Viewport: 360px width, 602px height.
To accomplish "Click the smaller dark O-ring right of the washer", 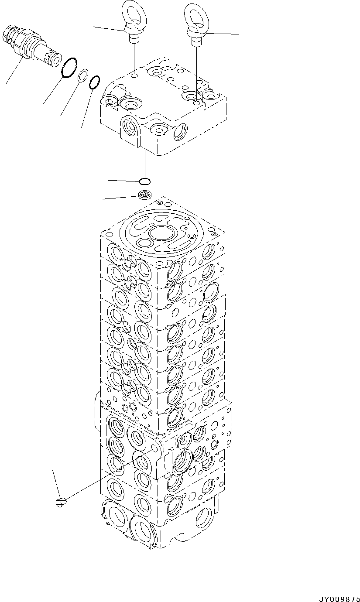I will click(x=94, y=82).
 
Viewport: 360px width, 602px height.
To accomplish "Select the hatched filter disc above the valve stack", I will click(x=144, y=195).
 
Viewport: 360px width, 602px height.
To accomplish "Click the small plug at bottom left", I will click(x=61, y=502).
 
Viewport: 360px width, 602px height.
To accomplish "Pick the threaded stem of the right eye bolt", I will click(x=197, y=41).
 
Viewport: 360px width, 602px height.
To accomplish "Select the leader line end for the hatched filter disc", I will click(x=103, y=199).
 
